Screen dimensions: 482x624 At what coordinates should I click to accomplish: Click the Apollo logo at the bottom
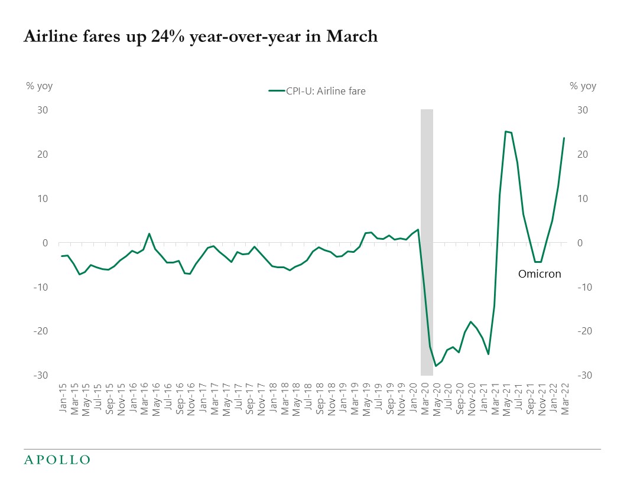click(57, 460)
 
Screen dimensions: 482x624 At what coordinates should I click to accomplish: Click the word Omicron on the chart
click(539, 274)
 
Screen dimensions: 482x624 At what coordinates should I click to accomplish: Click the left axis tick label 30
click(43, 110)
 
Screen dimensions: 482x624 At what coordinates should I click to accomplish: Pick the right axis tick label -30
click(583, 376)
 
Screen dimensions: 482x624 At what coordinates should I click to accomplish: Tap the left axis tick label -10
click(40, 287)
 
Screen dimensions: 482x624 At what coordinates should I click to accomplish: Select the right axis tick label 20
click(582, 154)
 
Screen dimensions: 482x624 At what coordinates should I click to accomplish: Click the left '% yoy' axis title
click(39, 86)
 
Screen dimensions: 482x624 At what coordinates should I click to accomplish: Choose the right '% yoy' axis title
click(583, 86)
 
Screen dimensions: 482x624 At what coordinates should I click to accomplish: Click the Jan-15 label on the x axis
click(62, 397)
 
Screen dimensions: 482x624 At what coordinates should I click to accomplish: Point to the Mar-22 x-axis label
click(564, 397)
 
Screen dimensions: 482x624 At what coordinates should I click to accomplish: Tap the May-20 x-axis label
click(436, 397)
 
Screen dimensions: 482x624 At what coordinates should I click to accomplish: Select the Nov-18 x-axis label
click(331, 397)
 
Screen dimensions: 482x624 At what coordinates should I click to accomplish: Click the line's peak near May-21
click(505, 131)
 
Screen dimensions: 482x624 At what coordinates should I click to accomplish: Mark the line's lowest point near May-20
click(436, 366)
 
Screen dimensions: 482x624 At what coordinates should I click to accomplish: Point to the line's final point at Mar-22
click(564, 138)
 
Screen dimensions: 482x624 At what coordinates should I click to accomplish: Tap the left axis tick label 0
click(45, 243)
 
